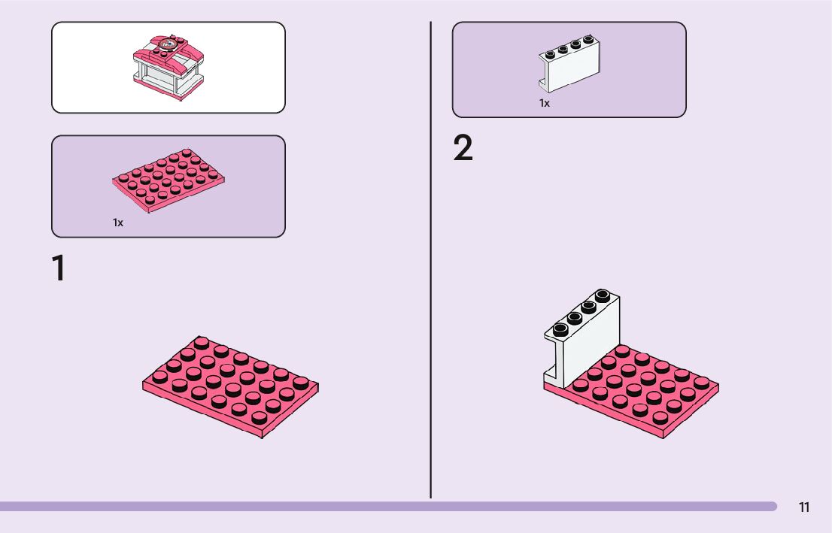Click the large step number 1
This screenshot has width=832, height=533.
tap(59, 269)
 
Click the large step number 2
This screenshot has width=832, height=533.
tap(463, 149)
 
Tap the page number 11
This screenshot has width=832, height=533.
tap(804, 507)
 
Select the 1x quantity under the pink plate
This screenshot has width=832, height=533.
tap(118, 223)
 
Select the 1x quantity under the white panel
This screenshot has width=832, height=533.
tap(544, 103)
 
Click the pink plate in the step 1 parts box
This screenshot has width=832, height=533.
tap(169, 180)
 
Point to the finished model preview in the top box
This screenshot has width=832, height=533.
tap(169, 67)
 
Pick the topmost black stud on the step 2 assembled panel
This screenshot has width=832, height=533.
tap(603, 295)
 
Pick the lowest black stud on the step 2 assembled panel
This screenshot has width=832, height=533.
tap(560, 329)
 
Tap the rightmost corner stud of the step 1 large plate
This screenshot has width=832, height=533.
tap(301, 383)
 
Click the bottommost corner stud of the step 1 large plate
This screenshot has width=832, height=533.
tap(260, 418)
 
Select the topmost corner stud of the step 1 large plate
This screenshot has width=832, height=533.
tap(202, 343)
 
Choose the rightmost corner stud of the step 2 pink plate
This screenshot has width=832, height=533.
tap(702, 383)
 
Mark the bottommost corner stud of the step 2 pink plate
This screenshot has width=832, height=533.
tap(660, 417)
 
